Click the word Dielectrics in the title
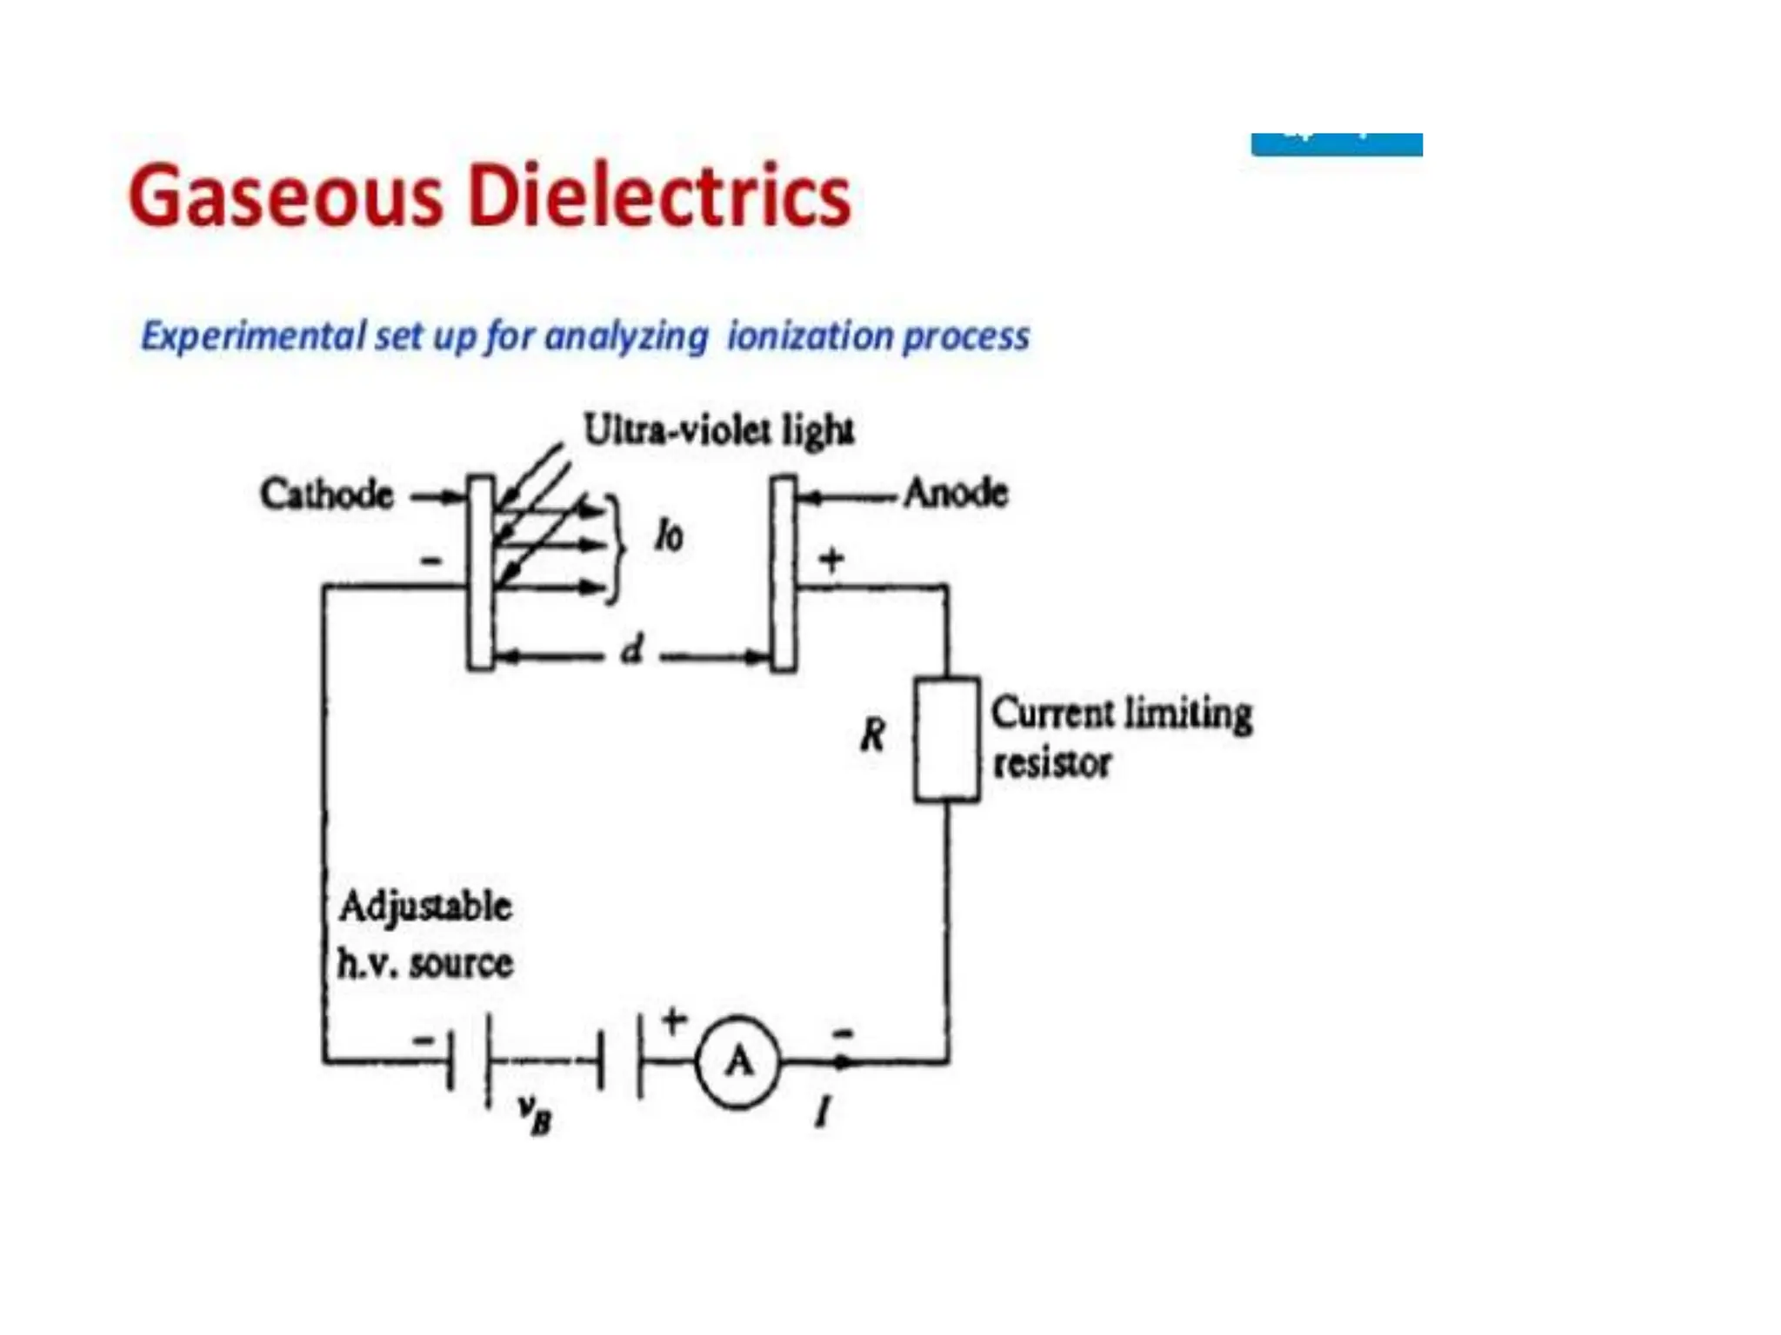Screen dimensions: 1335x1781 click(659, 196)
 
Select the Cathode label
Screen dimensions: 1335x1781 click(327, 495)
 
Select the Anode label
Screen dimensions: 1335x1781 click(956, 493)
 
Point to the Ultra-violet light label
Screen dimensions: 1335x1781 click(718, 429)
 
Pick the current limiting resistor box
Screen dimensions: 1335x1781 click(946, 739)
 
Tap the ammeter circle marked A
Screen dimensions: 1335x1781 click(738, 1061)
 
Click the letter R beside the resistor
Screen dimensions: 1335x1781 click(872, 735)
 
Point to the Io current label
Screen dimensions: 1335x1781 click(669, 536)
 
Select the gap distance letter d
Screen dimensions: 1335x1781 click(633, 650)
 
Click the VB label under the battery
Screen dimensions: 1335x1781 click(535, 1116)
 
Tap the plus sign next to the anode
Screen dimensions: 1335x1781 click(832, 559)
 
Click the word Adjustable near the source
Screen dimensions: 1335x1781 click(425, 907)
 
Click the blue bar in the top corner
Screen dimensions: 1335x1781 click(1336, 144)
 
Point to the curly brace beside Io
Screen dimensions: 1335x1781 click(616, 548)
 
